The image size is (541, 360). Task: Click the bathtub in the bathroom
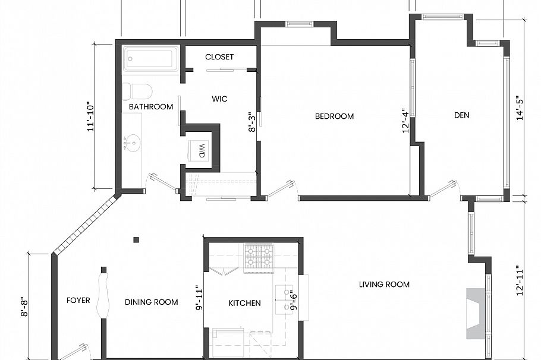coord(151,59)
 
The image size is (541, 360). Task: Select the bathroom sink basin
coord(133,143)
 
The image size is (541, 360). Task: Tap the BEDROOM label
coord(334,116)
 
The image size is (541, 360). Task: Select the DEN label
coord(461,115)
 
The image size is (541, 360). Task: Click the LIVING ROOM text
coord(384,285)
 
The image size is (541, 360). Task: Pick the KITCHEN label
coord(244,303)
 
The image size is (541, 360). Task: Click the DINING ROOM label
coord(151,302)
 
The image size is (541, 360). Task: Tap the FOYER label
coord(78,301)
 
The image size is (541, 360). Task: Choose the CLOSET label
coord(219,57)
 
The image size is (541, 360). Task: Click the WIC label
coord(219,99)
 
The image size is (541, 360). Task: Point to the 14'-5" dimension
coord(521,109)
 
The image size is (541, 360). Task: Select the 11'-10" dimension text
coord(90,116)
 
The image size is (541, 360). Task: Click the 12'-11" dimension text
coord(521,280)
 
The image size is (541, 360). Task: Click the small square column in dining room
coord(136,240)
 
